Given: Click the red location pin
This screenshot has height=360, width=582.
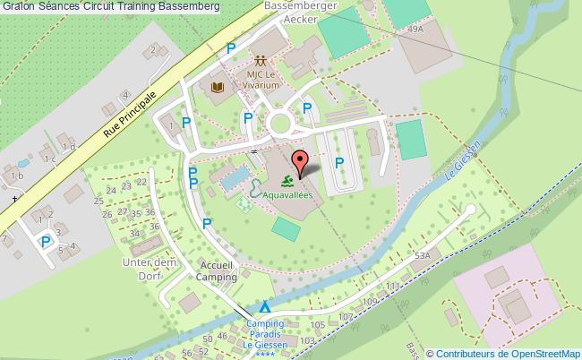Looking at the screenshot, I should (302, 163).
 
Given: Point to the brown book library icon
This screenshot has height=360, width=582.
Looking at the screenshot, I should (218, 87).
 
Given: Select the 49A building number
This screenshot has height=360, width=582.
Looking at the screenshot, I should (415, 30).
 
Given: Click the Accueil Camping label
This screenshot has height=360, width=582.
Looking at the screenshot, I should (218, 271).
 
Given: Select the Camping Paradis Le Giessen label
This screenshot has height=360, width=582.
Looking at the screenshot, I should (264, 334).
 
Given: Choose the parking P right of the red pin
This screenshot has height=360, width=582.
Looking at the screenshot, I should (338, 163).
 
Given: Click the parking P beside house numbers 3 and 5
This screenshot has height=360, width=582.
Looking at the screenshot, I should (46, 241).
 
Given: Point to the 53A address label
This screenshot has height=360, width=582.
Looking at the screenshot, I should (422, 254).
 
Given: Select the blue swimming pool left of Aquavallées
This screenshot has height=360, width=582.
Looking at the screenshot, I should (232, 178).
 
